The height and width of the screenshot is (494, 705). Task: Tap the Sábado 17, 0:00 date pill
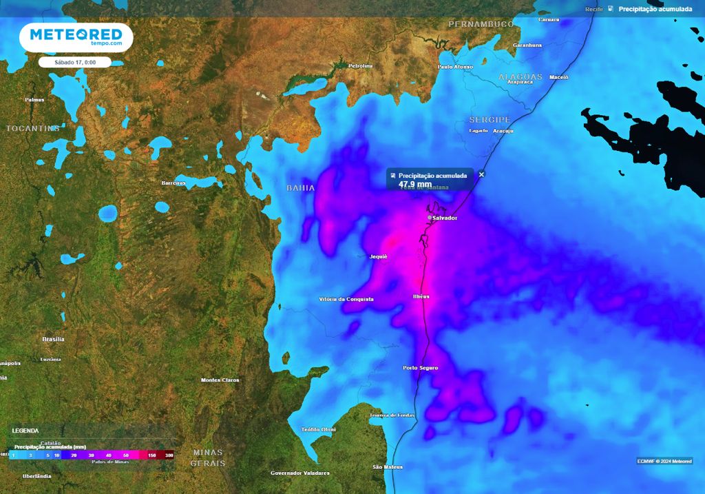[75, 62]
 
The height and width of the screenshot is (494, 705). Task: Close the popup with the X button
[481, 174]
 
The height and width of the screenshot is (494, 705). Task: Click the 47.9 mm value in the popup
[415, 184]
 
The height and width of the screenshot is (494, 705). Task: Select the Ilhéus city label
[421, 296]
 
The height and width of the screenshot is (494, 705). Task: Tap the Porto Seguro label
[421, 368]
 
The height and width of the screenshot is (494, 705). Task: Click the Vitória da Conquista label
[346, 299]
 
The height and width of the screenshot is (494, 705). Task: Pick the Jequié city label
[379, 256]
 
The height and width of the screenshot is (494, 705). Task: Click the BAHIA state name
[300, 187]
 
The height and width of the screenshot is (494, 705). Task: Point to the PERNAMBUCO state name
[481, 24]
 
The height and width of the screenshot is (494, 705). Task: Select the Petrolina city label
[360, 66]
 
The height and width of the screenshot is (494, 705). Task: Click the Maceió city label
[558, 77]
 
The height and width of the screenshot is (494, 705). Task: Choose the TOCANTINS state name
[33, 128]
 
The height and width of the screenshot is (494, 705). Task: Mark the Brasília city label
[53, 339]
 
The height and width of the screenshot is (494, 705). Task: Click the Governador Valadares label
[299, 473]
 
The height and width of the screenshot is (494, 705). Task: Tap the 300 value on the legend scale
[169, 455]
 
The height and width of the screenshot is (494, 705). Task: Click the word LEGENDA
[25, 431]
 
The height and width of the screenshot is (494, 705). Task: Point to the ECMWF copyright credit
[664, 461]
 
